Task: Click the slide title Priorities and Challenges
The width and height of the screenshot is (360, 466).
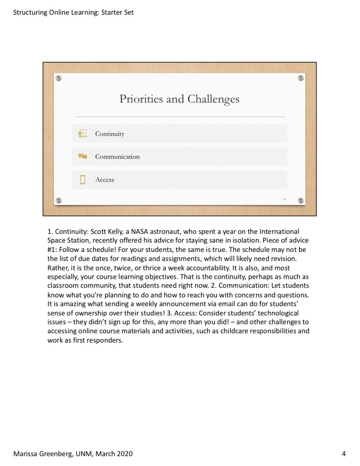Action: pos(179,99)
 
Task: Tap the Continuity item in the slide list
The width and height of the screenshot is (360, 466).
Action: pos(110,134)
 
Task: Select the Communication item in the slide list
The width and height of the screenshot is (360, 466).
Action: pos(117,157)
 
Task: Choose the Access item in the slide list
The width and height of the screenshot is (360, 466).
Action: pos(104,179)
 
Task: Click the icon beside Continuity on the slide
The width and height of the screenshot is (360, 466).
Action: pos(82,133)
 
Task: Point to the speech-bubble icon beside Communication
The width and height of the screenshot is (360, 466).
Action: pos(82,157)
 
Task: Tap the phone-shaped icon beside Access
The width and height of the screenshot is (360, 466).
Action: pos(82,179)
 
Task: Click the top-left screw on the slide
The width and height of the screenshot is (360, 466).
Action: pos(58,78)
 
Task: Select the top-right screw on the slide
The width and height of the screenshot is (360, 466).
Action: pos(301,78)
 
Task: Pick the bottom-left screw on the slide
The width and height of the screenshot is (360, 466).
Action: pos(58,200)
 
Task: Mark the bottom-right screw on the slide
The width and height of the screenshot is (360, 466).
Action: pos(301,200)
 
